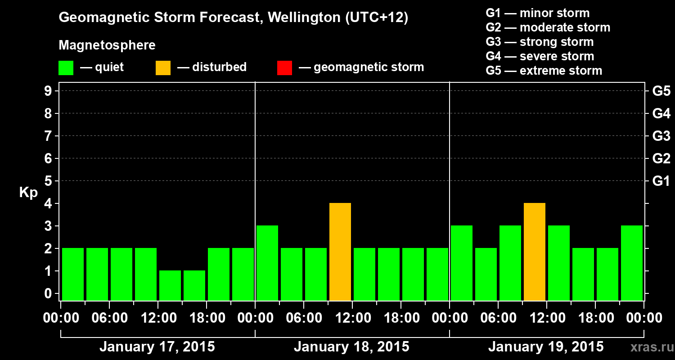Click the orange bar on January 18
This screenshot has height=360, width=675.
pos(340,252)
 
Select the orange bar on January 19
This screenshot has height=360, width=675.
pos(535,252)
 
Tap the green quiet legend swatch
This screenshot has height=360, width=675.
pos(66,68)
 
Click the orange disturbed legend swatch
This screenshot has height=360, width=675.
pos(163,68)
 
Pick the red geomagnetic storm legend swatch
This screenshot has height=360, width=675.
pos(285,68)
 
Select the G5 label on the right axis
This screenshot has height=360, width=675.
pos(661,91)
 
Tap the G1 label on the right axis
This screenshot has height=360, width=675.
pos(661,181)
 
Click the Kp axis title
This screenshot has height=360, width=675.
pos(28,193)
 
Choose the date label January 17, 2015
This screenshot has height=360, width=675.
pos(157,347)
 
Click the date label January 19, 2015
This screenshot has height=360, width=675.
pos(546,347)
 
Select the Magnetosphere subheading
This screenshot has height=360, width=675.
pos(107,45)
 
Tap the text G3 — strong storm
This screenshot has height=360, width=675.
pos(540,42)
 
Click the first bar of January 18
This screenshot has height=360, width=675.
pos(267,263)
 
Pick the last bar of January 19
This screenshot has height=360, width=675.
pos(632,263)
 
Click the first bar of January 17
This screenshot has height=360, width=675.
pos(73,274)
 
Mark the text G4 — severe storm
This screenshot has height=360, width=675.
pos(540,56)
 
